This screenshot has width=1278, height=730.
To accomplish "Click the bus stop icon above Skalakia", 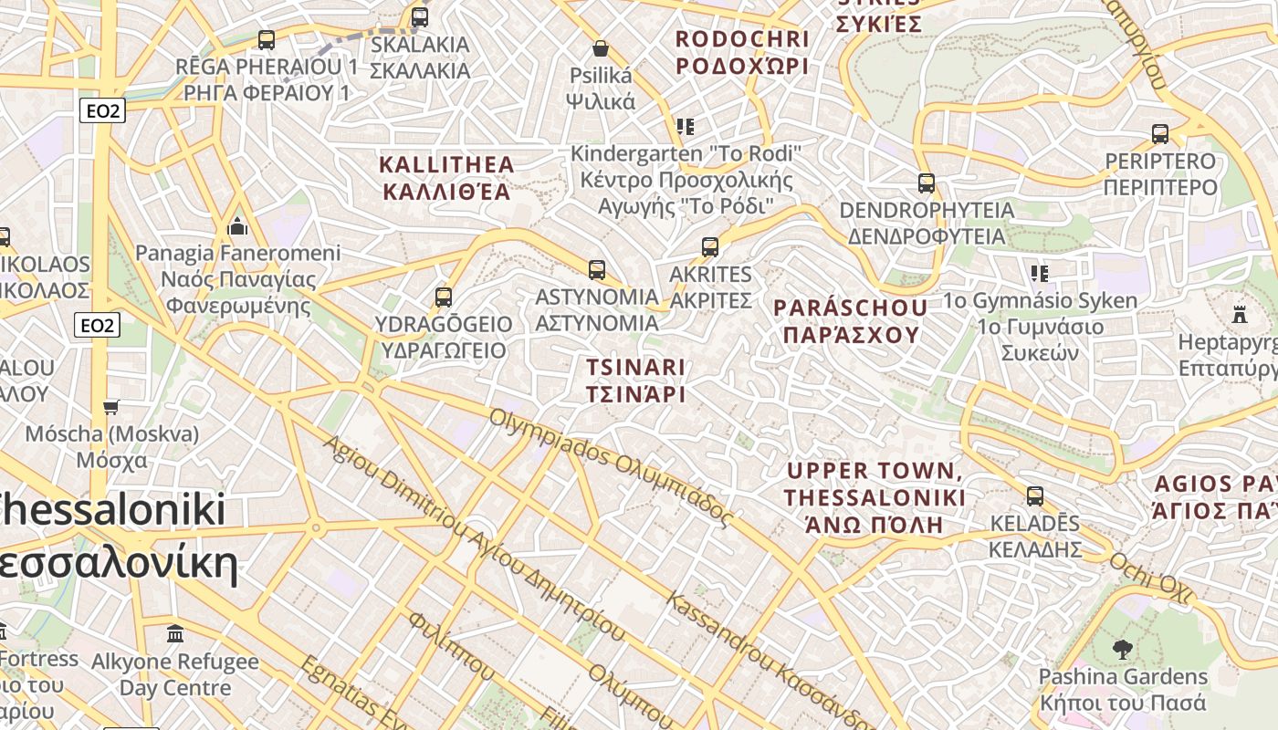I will tap(420, 17).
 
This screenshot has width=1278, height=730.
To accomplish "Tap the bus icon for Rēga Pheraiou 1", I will tap(267, 40).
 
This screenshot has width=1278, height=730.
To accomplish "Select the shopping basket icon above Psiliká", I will tap(601, 48).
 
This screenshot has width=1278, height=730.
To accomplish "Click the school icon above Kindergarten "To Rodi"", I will tap(686, 126).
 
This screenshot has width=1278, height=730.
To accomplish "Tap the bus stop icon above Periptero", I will tap(1160, 134).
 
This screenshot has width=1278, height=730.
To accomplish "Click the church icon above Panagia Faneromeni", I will tap(237, 225).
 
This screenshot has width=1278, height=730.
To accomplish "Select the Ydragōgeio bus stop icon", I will tap(444, 297).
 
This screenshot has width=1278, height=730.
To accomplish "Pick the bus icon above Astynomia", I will tap(597, 270).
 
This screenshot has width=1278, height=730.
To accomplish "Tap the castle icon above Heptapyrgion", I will tap(1240, 315).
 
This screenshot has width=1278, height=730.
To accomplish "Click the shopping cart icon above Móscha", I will tap(111, 407).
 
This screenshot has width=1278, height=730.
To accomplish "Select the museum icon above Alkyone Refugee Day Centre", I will tap(175, 633).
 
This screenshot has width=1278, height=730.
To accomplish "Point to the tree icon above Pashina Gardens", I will tap(1123, 650).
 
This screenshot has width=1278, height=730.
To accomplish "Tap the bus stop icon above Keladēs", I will tap(1035, 496).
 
